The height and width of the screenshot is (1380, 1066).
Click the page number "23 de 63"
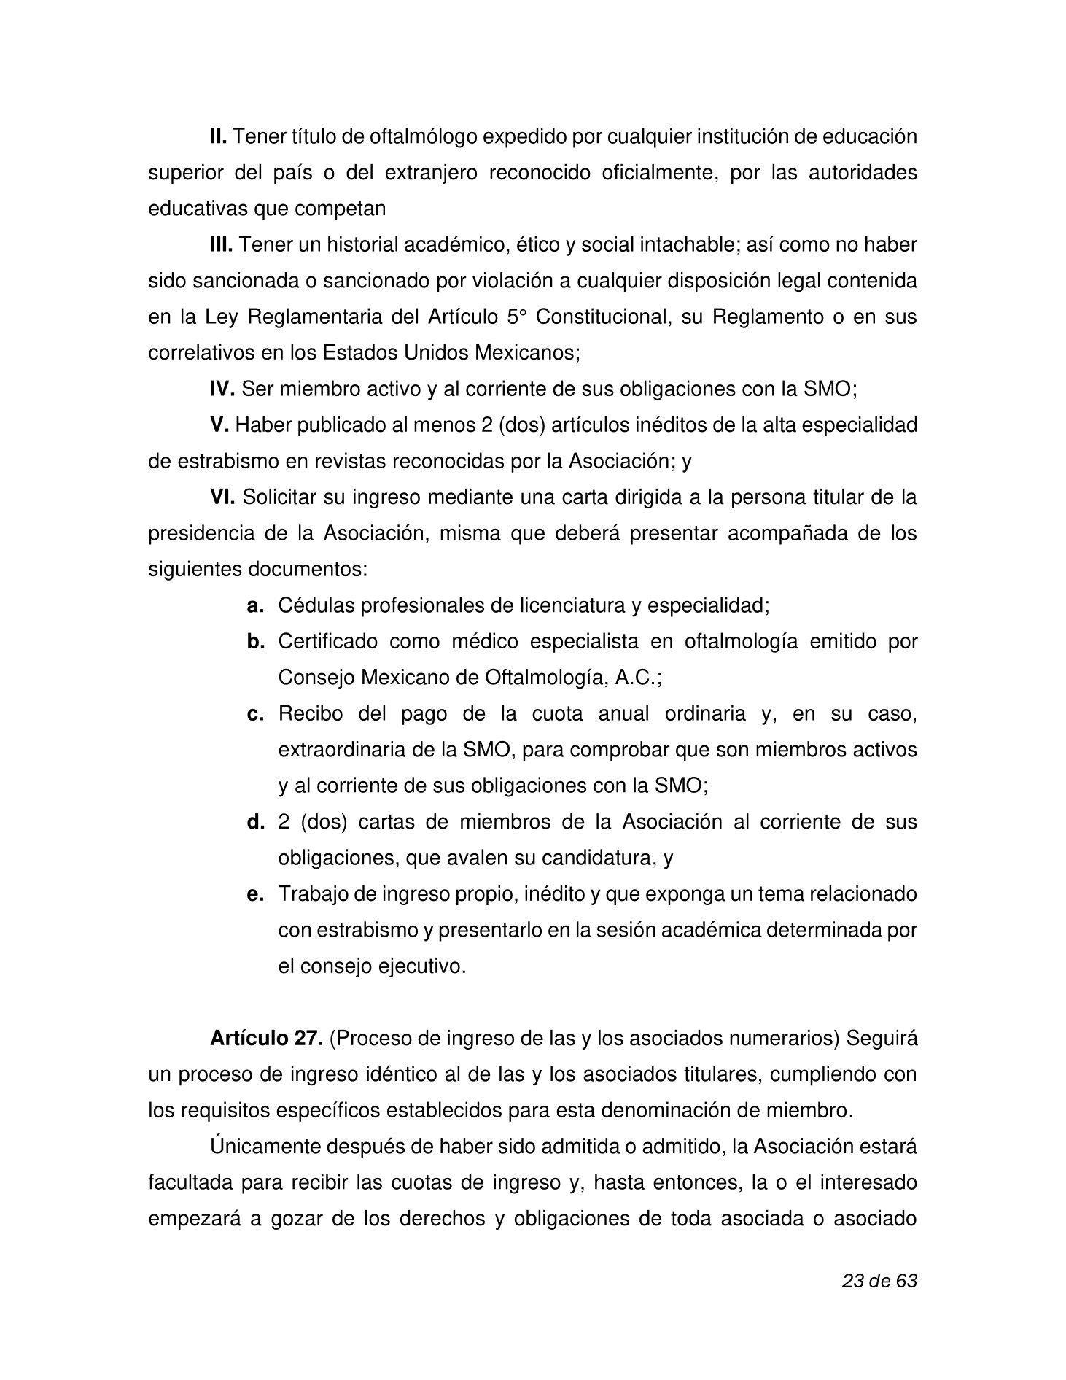(879, 1281)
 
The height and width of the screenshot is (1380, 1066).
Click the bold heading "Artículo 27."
(266, 1039)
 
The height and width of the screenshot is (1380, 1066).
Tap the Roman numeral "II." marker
(219, 136)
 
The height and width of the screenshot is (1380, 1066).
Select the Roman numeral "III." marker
(221, 245)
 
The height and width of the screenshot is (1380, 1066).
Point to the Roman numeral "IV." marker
(222, 389)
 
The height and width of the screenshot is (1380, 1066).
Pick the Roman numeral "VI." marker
(222, 498)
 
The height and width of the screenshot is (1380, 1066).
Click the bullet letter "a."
(255, 606)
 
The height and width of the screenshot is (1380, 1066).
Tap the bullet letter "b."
(255, 642)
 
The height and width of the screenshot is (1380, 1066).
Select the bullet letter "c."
(255, 714)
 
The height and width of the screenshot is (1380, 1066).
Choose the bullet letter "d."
(255, 823)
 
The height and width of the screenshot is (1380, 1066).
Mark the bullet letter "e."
(255, 894)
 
